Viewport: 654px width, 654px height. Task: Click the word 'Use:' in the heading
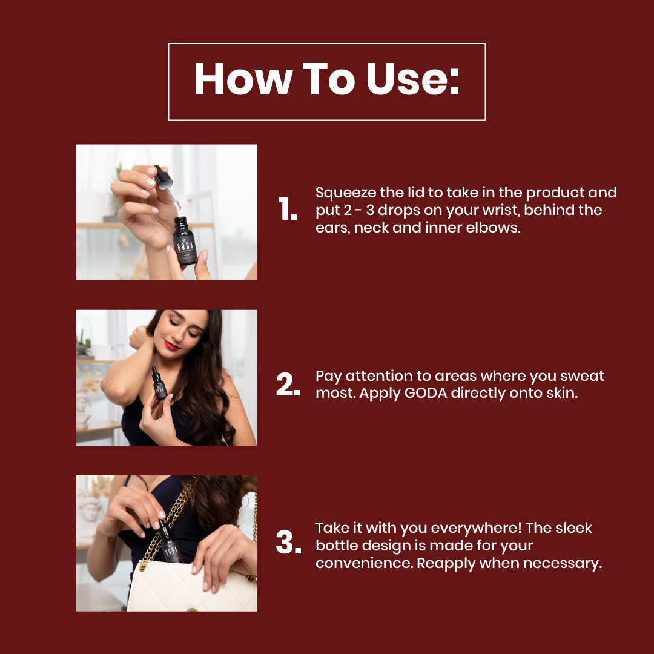(x=413, y=79)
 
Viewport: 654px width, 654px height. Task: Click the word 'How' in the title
(x=243, y=79)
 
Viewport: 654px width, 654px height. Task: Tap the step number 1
(x=288, y=208)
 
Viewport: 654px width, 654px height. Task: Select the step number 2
(x=288, y=384)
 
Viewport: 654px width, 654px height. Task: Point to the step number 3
(x=288, y=542)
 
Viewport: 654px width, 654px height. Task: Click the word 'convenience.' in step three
(x=364, y=563)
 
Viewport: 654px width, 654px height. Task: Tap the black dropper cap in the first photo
(x=163, y=177)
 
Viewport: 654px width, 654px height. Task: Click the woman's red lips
(x=172, y=345)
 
